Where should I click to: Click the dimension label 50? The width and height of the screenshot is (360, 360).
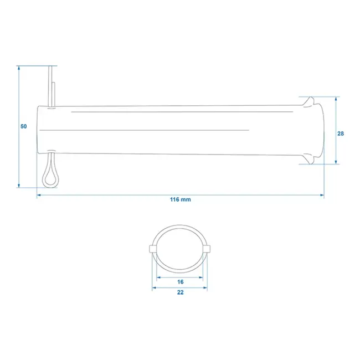coord(23,126)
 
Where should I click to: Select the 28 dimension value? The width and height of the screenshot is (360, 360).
coord(341,133)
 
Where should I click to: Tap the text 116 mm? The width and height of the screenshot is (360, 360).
coord(180,199)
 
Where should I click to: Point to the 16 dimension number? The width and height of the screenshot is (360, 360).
coord(181,282)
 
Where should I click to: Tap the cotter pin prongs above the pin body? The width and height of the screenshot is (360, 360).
coord(52,83)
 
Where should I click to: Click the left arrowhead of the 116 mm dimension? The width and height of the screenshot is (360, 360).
coord(39,195)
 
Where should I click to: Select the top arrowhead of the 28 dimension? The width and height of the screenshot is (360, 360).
coord(336,98)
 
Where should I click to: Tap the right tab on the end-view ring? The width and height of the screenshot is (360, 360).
coord(208,249)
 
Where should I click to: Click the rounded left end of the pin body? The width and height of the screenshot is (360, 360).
coord(37,128)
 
